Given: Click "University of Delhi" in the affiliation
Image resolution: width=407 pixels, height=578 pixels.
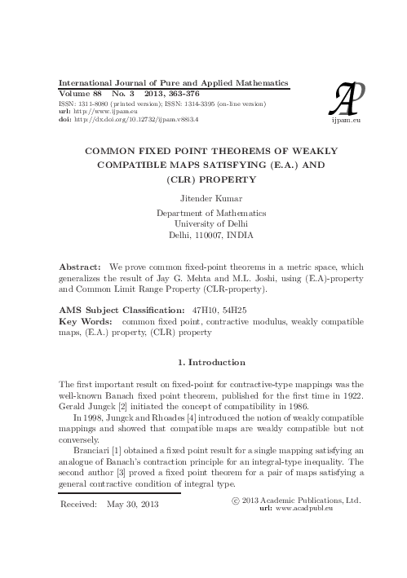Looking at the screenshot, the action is [204, 222].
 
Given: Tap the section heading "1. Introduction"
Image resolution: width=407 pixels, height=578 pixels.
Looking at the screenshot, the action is [204, 360].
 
